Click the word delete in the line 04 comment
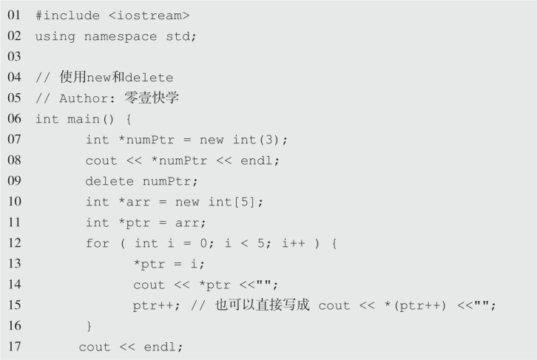tap(151, 77)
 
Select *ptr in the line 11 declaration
tap(131, 223)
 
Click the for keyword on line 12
tap(97, 243)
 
